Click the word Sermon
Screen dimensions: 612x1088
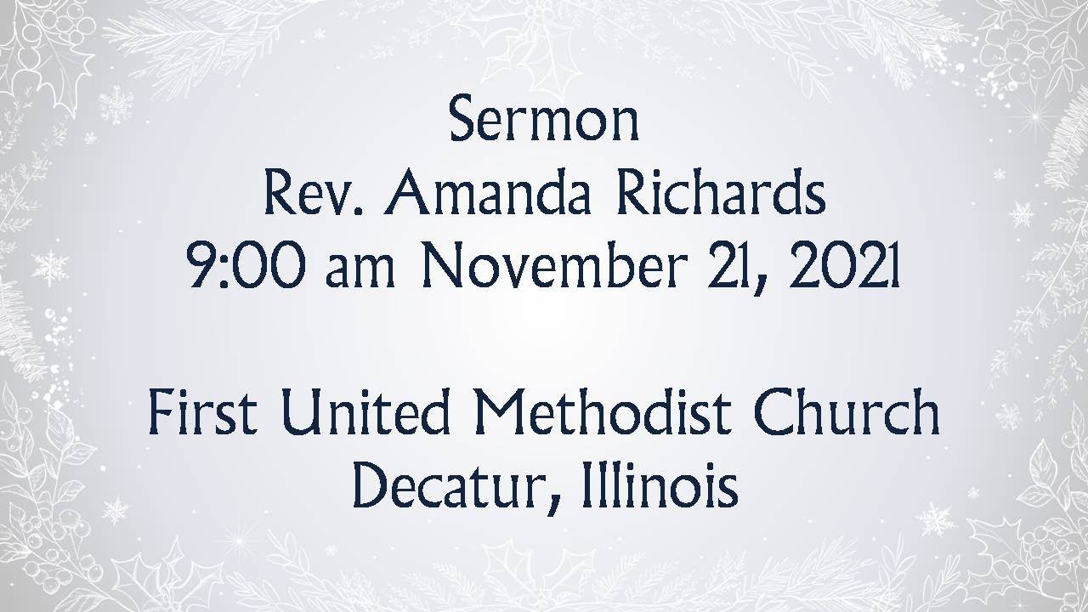(544, 122)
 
